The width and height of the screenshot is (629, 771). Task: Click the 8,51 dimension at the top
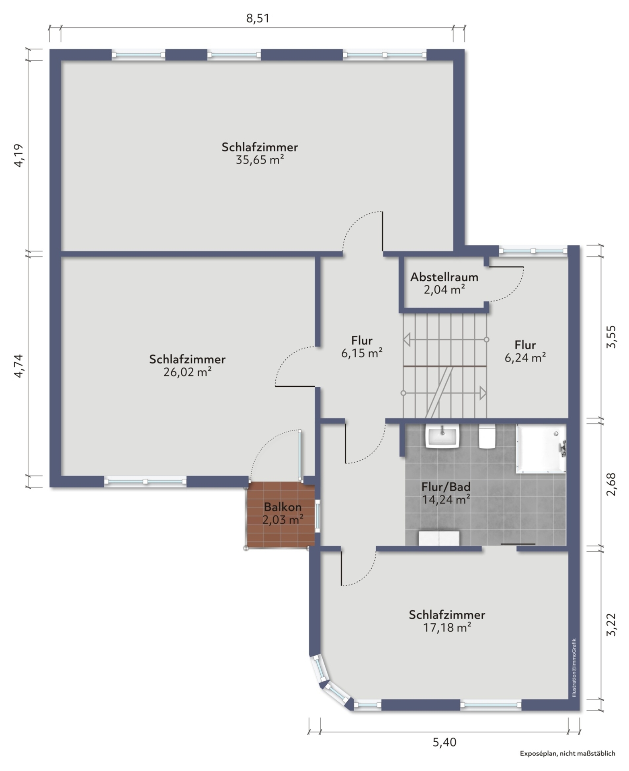pos(257,18)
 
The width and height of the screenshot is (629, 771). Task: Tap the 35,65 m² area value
pos(260,160)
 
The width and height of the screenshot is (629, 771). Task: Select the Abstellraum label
pos(444,277)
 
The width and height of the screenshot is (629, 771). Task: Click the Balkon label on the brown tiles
pos(283,507)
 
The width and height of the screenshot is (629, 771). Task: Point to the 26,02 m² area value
pos(187,372)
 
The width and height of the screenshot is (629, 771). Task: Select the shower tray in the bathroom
pos(541,448)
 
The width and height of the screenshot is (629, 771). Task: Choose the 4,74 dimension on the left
pos(18,366)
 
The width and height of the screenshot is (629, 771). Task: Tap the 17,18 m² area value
pos(447,627)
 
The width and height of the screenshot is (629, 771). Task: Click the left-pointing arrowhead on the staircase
pos(407,339)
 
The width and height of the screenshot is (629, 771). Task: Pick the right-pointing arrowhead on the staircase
pos(483,393)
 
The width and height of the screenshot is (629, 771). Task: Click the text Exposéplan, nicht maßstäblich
pos(567,753)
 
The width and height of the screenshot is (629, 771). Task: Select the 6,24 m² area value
pos(525,357)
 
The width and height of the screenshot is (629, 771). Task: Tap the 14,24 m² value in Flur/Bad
pos(446,500)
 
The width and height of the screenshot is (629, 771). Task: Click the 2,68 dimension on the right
pos(611,484)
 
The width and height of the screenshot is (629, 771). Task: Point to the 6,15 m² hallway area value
pos(361,353)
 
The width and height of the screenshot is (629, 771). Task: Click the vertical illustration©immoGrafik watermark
pos(574,667)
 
